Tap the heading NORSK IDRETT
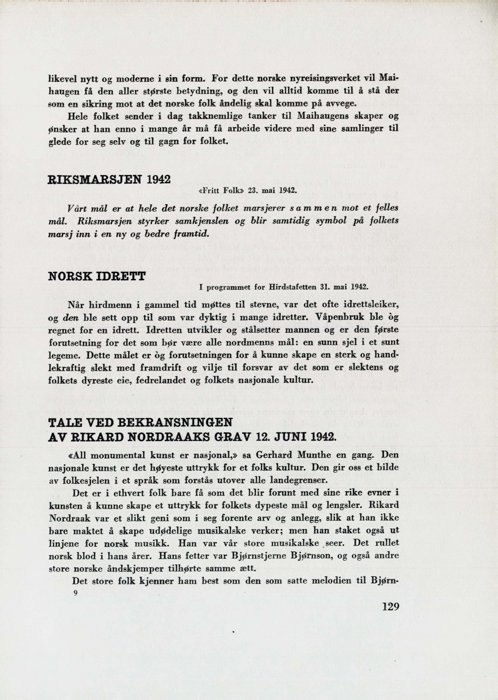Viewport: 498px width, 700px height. [x=97, y=277]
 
